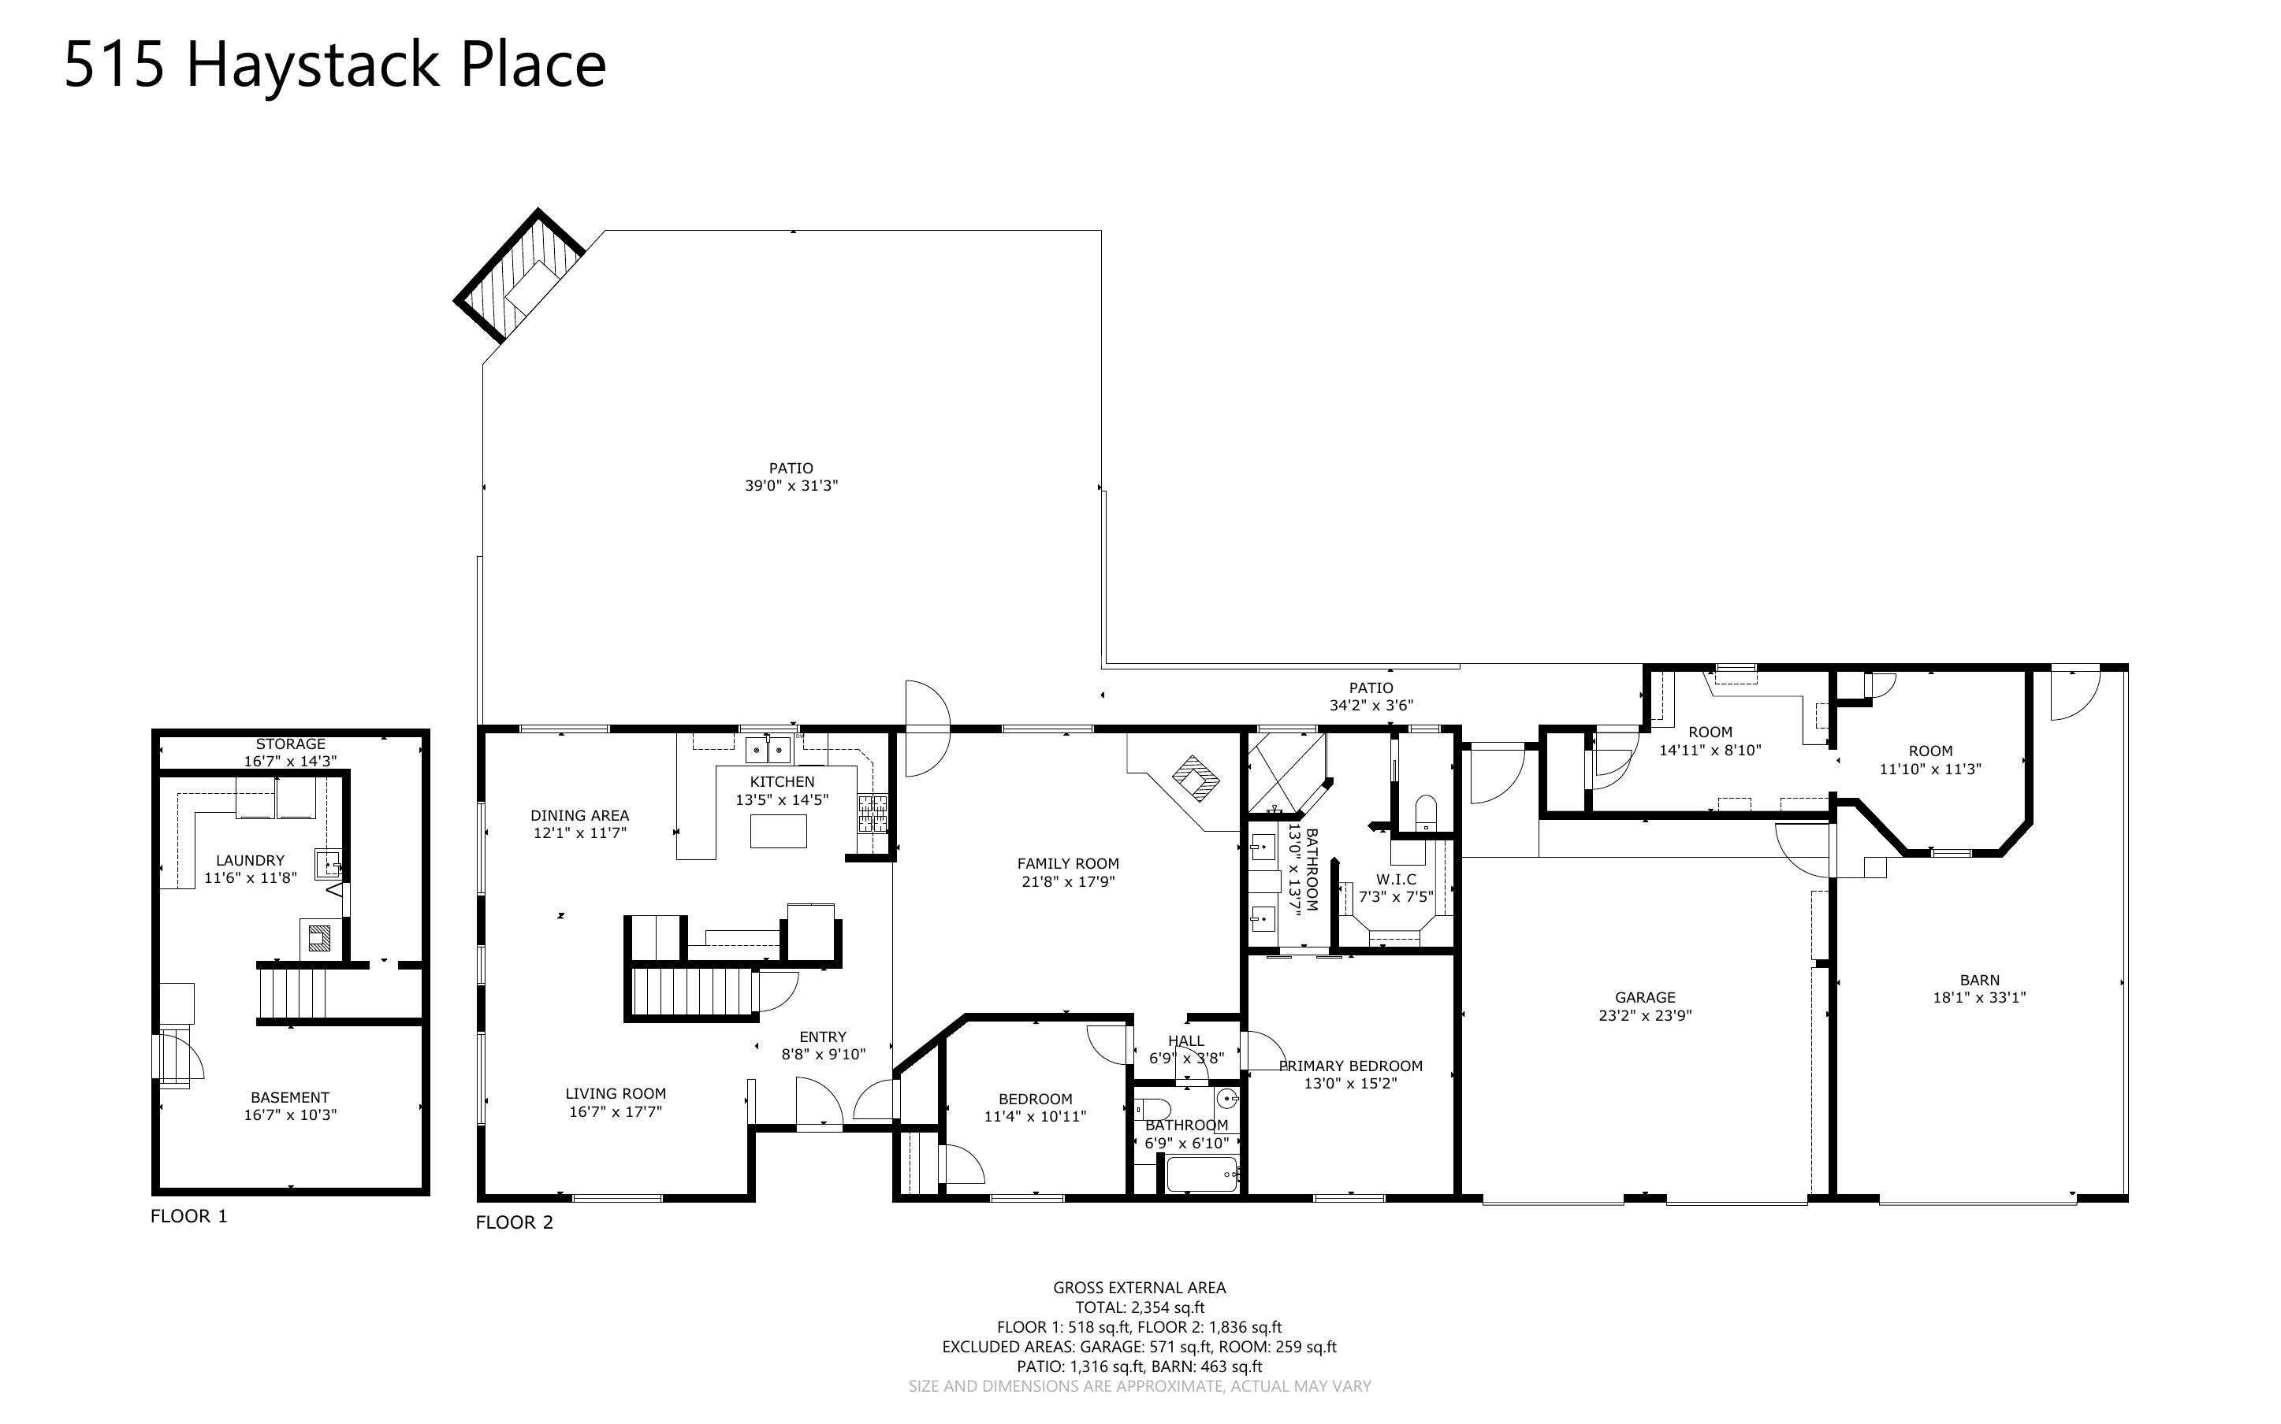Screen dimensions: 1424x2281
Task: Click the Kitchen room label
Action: click(781, 781)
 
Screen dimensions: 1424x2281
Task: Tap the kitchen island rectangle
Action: click(777, 831)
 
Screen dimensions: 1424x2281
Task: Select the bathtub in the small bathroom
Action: click(1201, 1174)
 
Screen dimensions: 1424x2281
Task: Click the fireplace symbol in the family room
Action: click(1195, 779)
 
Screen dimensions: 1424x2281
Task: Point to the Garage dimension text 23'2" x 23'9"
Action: click(1644, 1015)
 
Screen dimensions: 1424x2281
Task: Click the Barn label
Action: click(1978, 980)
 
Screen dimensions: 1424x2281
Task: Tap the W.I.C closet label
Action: click(1395, 879)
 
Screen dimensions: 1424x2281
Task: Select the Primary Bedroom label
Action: click(1350, 1065)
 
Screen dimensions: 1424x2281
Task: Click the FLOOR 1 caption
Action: click(188, 1216)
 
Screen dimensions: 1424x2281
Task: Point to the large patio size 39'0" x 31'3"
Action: click(791, 486)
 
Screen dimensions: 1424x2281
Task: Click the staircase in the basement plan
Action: click(292, 994)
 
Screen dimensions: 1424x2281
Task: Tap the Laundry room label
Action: click(250, 860)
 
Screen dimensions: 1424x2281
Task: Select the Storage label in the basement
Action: click(290, 744)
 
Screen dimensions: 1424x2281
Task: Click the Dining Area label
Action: click(579, 816)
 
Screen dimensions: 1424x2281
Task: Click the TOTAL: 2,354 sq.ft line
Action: click(1139, 1307)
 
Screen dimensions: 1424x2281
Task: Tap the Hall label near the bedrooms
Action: click(1185, 1040)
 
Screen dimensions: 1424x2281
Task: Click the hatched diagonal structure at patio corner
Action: click(518, 275)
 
